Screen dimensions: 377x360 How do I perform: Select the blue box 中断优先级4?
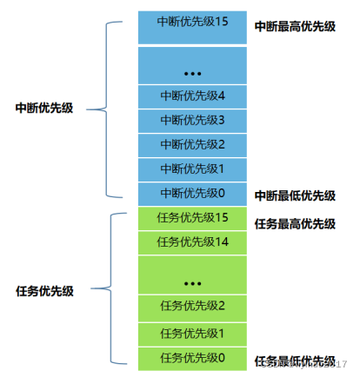coord(192,96)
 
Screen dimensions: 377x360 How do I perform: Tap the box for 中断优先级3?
coord(192,120)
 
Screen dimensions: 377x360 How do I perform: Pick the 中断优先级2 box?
coord(192,144)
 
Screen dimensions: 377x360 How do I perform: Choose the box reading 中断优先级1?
coord(192,169)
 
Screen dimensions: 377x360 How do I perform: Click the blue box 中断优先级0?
coord(192,193)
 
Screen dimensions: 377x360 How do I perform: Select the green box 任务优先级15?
coord(192,217)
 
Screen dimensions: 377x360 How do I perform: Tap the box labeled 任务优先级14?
coord(192,241)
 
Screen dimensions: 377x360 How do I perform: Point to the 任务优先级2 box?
coord(192,306)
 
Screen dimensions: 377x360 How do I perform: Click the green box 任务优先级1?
coord(192,334)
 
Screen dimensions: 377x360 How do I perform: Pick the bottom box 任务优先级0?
coord(192,358)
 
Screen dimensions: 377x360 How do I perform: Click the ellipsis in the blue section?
coord(192,69)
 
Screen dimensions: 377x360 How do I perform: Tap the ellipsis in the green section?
coord(192,281)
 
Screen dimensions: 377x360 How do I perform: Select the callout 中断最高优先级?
coord(295,27)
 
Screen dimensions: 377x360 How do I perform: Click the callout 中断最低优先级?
coord(295,196)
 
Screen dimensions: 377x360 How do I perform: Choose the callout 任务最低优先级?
coord(295,360)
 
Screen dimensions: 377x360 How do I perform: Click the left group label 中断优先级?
coord(44,109)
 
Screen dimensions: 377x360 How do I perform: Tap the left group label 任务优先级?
coord(44,288)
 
